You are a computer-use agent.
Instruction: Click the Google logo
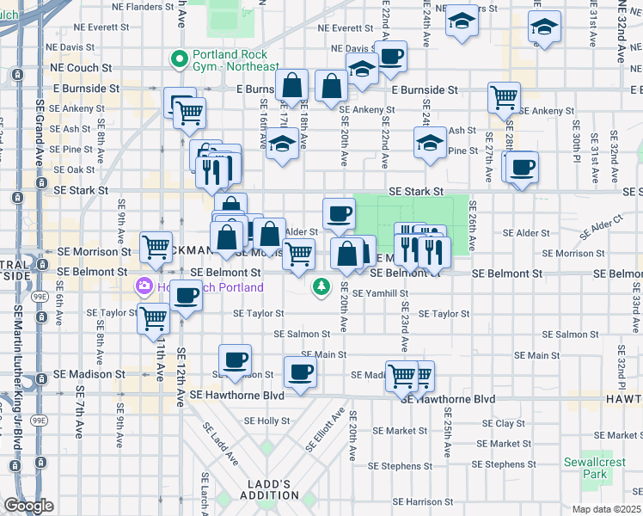click(28, 506)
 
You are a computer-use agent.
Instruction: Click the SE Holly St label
click(267, 421)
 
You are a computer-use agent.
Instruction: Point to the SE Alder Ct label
click(602, 229)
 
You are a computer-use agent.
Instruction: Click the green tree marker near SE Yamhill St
click(322, 286)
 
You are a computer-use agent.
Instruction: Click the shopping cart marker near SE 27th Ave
click(504, 96)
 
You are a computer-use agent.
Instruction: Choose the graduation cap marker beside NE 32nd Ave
click(544, 28)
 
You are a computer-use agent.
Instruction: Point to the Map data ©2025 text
click(606, 508)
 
